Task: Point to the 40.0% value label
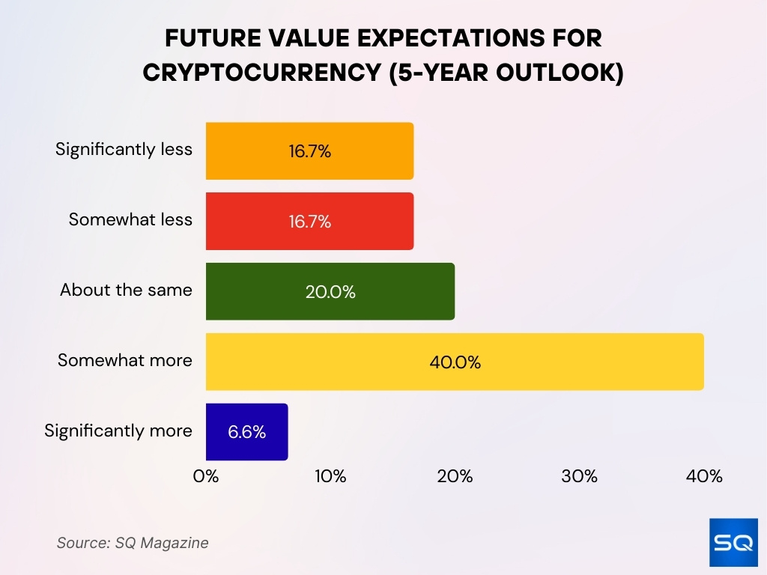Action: pos(455,362)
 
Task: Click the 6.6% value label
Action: pos(247,432)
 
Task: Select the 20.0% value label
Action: pos(330,292)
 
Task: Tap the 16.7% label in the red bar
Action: pos(309,222)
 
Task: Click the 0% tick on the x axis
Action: pos(206,476)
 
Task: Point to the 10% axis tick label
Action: pos(330,476)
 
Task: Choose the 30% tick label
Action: pos(580,476)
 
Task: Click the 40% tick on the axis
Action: pos(704,476)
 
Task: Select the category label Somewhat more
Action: pos(125,360)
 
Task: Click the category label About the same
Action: pos(126,290)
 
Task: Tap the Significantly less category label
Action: pos(124,149)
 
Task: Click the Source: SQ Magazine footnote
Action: pos(133,543)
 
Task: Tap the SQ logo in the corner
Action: pos(733,541)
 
